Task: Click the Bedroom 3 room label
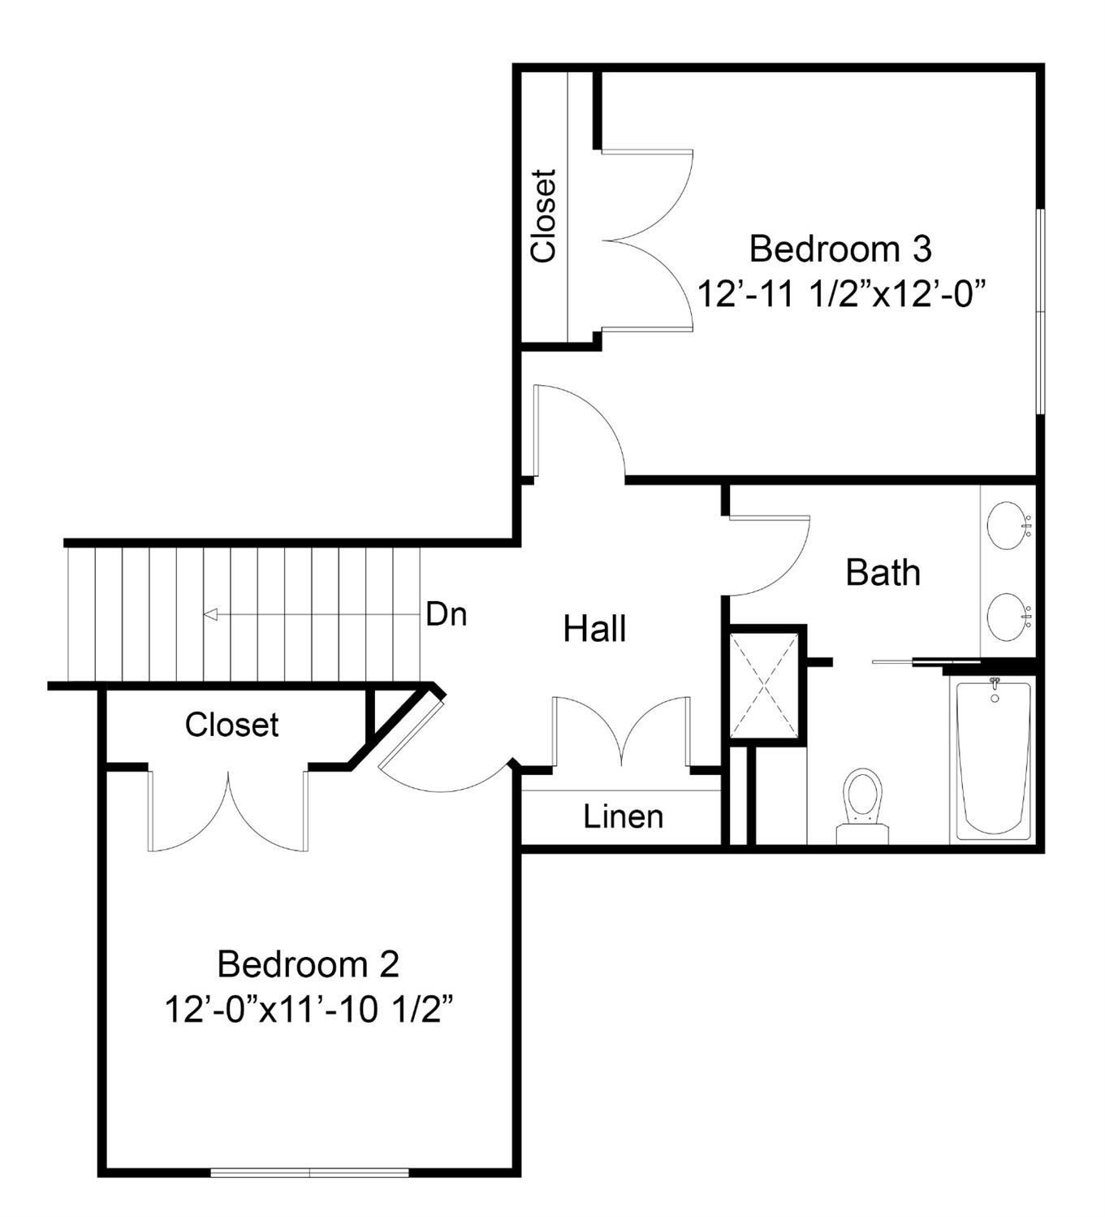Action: (840, 249)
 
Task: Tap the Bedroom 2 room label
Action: (308, 964)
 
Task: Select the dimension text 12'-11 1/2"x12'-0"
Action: (840, 295)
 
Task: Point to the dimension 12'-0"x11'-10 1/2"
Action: (309, 1010)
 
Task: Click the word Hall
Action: (594, 629)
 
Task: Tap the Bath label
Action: (883, 573)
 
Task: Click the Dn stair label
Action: (447, 614)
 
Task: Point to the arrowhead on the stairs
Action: (210, 614)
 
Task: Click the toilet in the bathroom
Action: (862, 806)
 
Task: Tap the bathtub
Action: (994, 760)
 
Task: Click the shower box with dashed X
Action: (763, 685)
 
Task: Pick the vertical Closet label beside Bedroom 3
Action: (543, 215)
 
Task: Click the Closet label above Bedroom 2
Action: (231, 725)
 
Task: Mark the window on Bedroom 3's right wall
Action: (1039, 311)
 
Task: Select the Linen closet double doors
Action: (621, 732)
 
